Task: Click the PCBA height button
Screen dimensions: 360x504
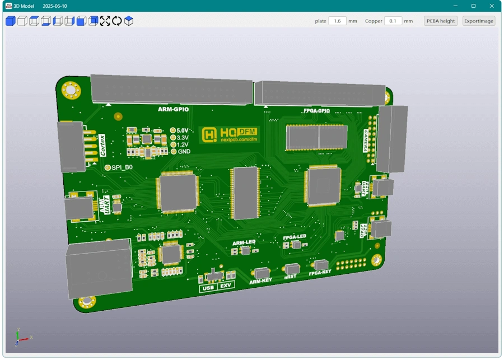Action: [x=441, y=21]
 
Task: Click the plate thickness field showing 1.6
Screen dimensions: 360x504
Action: [x=337, y=21]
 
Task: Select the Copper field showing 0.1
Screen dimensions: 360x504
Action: [x=393, y=21]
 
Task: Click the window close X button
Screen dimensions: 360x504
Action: [x=492, y=6]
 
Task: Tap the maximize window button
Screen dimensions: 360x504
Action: [x=473, y=6]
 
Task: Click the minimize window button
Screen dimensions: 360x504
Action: [x=455, y=6]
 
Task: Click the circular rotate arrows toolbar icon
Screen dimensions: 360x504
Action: [x=116, y=21]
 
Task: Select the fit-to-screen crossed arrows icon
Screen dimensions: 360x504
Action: [x=105, y=21]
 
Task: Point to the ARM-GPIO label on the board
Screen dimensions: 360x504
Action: [x=173, y=109]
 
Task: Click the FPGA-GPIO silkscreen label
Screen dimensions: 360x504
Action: [x=316, y=111]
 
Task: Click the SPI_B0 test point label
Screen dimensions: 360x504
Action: [x=122, y=167]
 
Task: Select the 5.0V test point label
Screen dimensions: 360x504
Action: [x=182, y=130]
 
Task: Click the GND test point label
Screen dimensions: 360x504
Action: [x=184, y=152]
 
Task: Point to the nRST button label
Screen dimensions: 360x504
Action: [x=290, y=277]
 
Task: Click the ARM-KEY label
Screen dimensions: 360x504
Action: [x=260, y=281]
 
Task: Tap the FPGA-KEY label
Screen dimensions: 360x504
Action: [x=320, y=273]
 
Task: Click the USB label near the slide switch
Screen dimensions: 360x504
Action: [x=208, y=287]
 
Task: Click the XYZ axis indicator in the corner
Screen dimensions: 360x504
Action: [x=21, y=337]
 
